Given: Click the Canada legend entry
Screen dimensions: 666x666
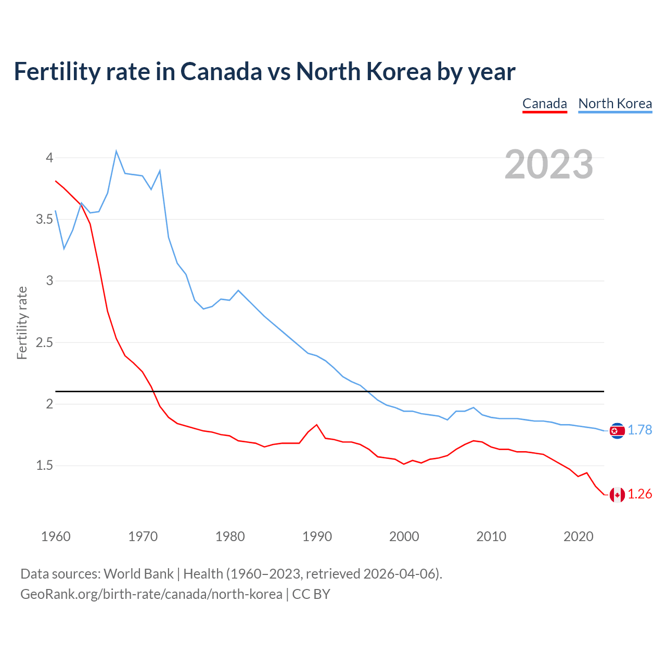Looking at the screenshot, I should [x=544, y=104].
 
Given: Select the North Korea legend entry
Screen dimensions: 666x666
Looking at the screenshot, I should [x=615, y=104].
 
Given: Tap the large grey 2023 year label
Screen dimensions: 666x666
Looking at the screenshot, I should [x=548, y=164].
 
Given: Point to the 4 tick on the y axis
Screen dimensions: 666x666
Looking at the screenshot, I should [x=49, y=158].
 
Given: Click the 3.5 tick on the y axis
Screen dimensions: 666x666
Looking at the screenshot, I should [x=45, y=220].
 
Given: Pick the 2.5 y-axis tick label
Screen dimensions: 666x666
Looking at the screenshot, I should [x=45, y=343].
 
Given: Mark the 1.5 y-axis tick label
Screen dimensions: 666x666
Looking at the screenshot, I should [x=45, y=466].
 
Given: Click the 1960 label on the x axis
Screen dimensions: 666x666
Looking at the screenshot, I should [x=56, y=536].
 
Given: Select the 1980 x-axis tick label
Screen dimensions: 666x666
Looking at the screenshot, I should [x=230, y=536].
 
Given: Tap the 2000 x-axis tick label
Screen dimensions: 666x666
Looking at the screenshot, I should [x=404, y=536].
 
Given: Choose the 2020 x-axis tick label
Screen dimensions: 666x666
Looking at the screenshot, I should [x=578, y=536].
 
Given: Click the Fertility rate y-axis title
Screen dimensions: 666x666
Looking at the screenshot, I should [x=22, y=323].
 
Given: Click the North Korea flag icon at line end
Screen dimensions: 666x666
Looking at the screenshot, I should [x=617, y=430].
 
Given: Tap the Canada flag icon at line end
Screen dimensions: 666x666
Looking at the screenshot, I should [x=617, y=494].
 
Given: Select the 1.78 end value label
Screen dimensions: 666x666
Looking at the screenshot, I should [x=639, y=430].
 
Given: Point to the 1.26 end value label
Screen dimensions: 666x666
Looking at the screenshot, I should [x=639, y=494].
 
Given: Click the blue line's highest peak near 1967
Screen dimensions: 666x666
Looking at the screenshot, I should [x=116, y=151].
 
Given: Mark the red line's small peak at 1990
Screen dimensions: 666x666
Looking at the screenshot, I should [x=316, y=425].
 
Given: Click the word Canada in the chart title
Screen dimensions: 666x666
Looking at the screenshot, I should [x=221, y=72].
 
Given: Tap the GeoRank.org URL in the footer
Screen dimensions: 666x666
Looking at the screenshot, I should [x=151, y=594].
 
